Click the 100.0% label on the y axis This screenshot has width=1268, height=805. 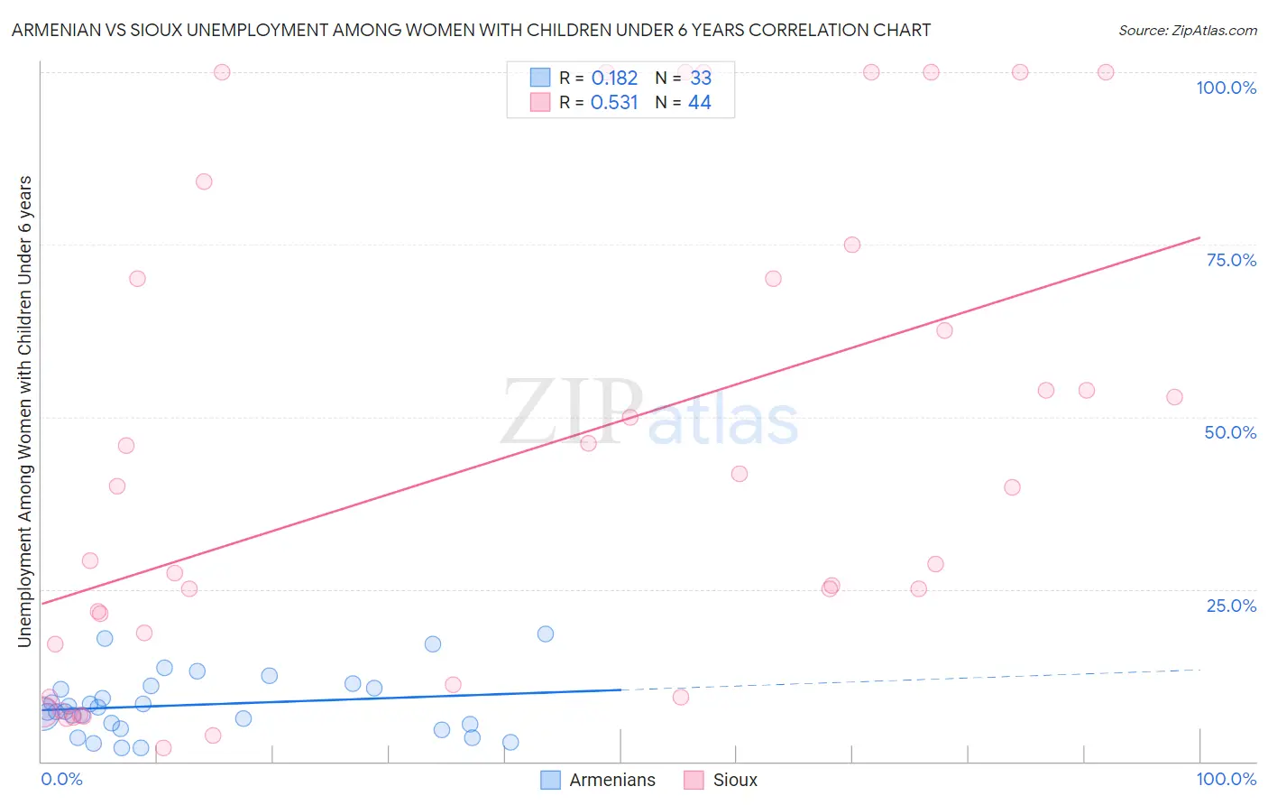[1226, 88]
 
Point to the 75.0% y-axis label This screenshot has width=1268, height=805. [1231, 260]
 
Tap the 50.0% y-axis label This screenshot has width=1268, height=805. [1230, 432]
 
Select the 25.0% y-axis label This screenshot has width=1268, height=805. [1231, 606]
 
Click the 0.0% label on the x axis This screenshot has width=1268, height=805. [61, 779]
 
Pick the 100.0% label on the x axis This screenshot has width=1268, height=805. [1226, 779]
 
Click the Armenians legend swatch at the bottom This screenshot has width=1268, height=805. [550, 780]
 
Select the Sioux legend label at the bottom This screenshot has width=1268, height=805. [735, 780]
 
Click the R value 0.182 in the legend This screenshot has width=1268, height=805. [614, 78]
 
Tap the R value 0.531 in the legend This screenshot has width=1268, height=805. [614, 102]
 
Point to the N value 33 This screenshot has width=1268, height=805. [701, 78]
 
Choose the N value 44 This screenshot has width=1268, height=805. [700, 102]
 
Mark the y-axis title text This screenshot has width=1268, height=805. [24, 412]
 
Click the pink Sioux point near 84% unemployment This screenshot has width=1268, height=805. [204, 181]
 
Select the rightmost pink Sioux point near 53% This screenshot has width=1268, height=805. [1174, 397]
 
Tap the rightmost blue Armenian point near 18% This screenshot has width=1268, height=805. [546, 634]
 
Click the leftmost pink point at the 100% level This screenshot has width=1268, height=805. [222, 72]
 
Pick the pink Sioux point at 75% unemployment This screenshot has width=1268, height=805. [852, 245]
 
